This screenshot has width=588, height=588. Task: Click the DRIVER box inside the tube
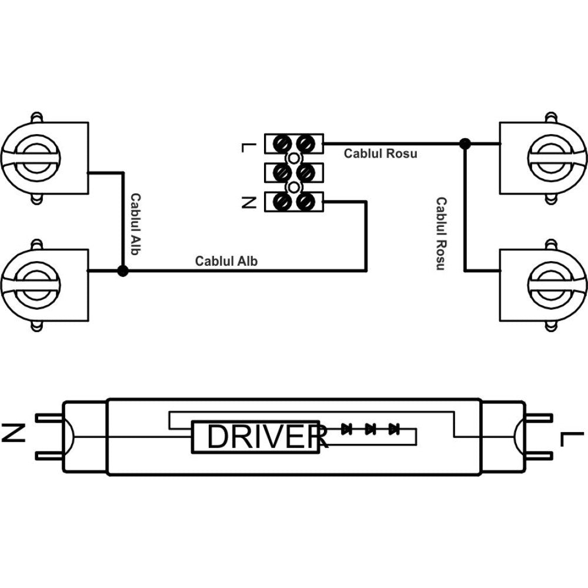(x=255, y=436)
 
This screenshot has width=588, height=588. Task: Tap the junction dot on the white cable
(x=122, y=271)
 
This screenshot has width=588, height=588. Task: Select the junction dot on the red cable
(x=465, y=143)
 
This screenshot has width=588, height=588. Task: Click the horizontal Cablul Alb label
(x=226, y=261)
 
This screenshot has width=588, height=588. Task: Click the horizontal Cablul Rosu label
(x=380, y=153)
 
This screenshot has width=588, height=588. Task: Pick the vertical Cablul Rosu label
(x=440, y=234)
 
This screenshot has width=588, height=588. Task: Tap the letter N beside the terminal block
(x=248, y=203)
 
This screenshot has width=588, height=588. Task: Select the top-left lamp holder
(x=45, y=158)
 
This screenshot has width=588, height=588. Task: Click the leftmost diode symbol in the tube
(x=346, y=429)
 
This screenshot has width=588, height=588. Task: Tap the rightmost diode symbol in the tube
(x=394, y=429)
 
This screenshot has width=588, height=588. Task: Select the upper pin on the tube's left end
(x=49, y=419)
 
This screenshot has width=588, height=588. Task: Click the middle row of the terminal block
(x=293, y=172)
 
